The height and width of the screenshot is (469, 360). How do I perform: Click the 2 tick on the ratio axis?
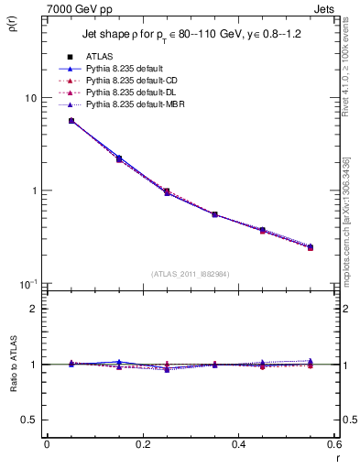(33, 309)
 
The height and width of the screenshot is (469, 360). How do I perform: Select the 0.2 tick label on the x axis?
(142, 444)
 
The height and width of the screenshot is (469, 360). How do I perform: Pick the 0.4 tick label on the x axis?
(239, 444)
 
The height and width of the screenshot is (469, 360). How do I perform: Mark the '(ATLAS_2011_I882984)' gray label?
(190, 274)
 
